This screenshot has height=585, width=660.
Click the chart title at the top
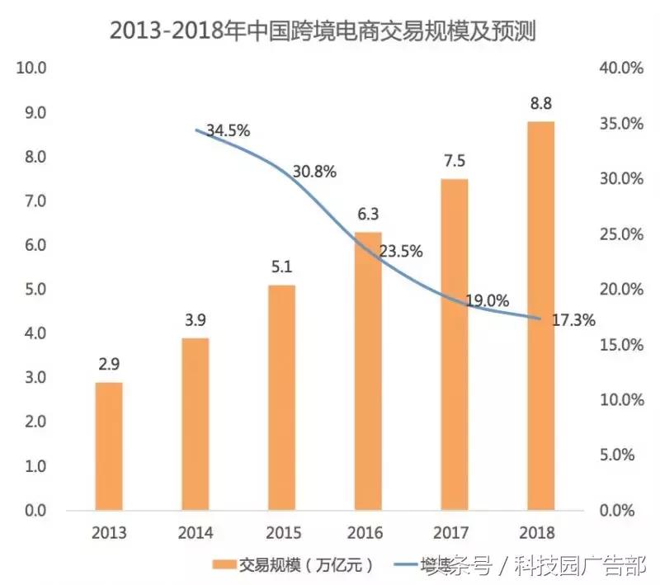coord(329,31)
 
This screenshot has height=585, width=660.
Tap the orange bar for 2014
coord(196,424)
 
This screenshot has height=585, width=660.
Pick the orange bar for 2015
coord(281,398)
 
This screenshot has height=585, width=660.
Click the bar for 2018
coord(540,316)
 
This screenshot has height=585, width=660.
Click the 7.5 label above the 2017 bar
coord(454,162)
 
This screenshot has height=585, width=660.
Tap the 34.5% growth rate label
coord(228,130)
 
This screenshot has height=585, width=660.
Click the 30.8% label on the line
coord(314,172)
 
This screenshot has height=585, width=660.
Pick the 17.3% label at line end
coord(573,320)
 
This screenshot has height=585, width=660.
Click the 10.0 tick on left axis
coord(31,68)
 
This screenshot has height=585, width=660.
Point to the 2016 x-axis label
coord(367,532)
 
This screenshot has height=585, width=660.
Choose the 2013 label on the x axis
coord(107,532)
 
